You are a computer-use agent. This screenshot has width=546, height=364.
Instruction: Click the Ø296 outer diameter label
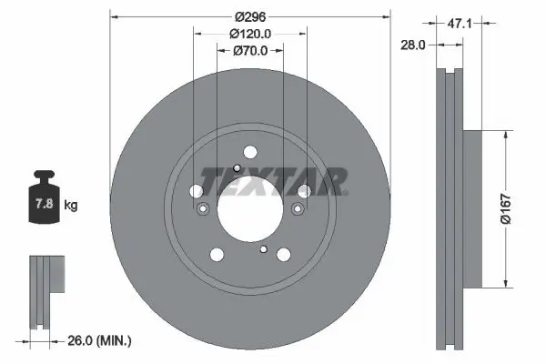click(250, 16)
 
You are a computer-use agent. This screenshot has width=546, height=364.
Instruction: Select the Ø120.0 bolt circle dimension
click(250, 34)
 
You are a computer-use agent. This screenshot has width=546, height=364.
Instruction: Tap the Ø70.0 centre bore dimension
click(250, 51)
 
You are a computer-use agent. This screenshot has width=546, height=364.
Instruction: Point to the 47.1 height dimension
click(460, 24)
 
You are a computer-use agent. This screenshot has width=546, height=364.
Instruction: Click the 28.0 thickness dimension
click(412, 45)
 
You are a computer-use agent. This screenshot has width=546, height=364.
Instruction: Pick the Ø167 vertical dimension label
click(506, 209)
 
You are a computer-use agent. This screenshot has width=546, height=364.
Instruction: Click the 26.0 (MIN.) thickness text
click(99, 340)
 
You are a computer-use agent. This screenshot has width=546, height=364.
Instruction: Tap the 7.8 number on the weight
click(45, 203)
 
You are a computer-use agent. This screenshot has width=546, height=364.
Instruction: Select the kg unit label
click(71, 205)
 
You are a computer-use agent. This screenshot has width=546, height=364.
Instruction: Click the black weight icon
click(44, 197)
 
